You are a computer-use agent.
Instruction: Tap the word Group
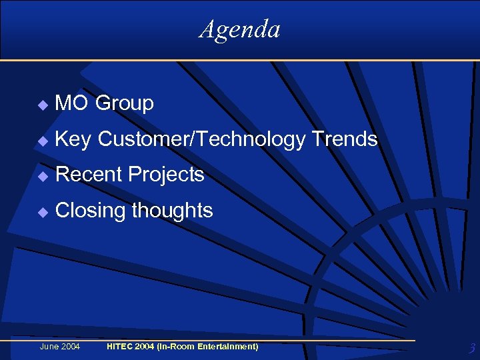click(125, 103)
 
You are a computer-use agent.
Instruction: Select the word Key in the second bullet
click(73, 139)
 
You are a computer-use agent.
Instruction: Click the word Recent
click(89, 175)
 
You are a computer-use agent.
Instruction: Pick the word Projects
click(166, 175)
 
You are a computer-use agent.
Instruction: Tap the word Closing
click(91, 211)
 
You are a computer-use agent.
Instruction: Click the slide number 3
click(471, 348)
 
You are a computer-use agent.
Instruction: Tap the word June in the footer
click(50, 347)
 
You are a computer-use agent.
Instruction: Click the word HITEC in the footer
click(120, 347)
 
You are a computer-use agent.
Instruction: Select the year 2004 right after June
click(71, 347)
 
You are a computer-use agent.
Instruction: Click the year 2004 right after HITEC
click(147, 347)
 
